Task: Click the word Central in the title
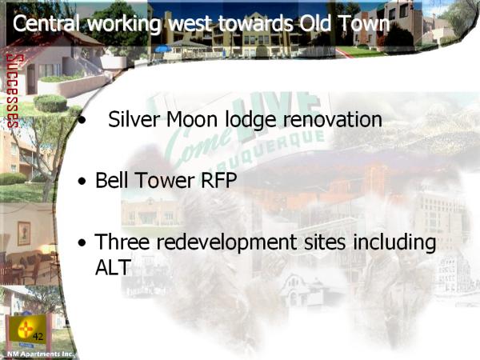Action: tap(46, 23)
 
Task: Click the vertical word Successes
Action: tap(13, 91)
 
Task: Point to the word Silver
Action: tap(134, 119)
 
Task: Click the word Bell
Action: tap(111, 180)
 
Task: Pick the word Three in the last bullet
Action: tap(122, 242)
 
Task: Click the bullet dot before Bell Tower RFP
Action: tap(82, 181)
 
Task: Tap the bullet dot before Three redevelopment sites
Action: tap(82, 242)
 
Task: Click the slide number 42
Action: tap(38, 337)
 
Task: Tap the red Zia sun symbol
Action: tap(26, 329)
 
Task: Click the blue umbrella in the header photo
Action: tap(163, 49)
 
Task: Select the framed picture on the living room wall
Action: tap(23, 234)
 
